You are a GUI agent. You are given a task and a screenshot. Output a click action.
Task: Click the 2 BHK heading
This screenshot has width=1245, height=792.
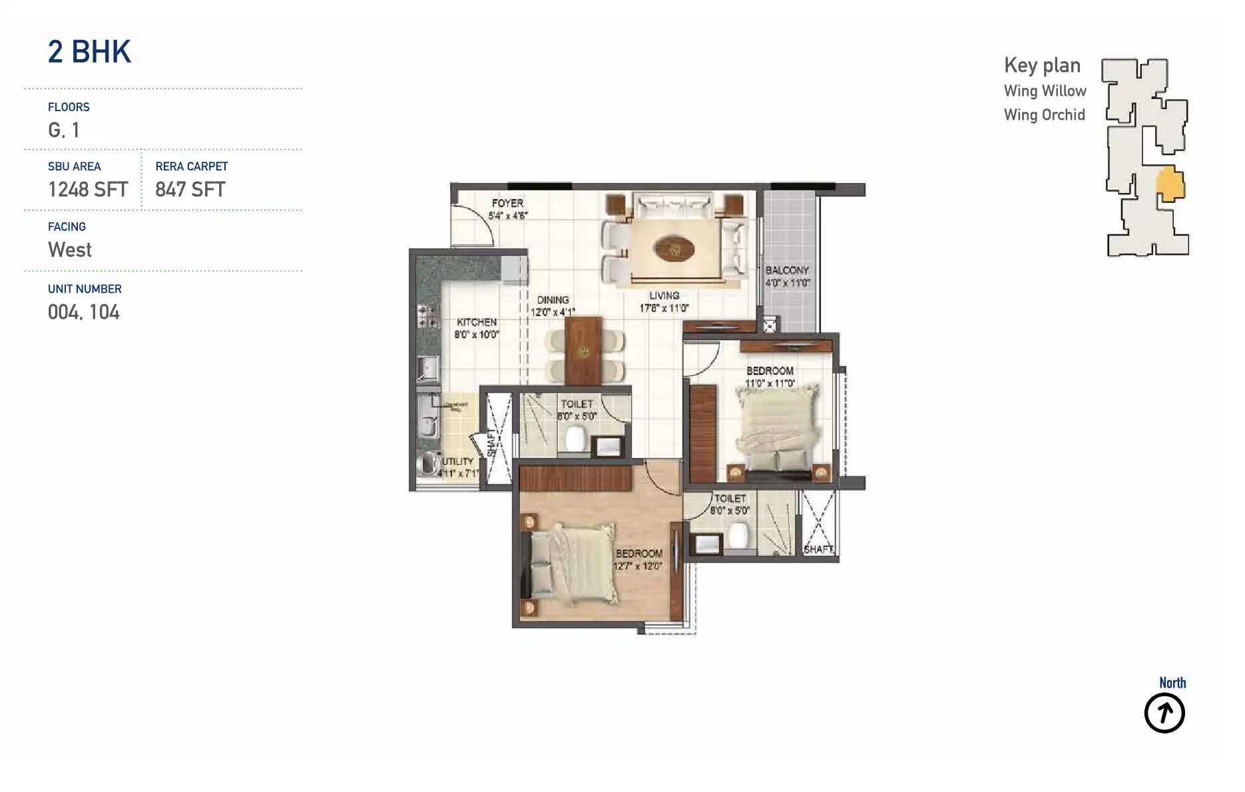[89, 52]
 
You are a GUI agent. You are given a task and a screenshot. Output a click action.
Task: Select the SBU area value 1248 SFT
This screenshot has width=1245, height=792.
[88, 190]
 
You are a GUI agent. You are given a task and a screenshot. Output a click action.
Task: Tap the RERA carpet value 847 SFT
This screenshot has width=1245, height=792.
[190, 190]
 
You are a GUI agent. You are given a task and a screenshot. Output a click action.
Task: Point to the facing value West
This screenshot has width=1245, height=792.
[70, 250]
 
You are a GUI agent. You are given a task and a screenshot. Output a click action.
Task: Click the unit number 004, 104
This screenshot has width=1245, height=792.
[84, 312]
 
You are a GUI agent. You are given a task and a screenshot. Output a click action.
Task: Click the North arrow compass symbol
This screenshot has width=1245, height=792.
[1164, 713]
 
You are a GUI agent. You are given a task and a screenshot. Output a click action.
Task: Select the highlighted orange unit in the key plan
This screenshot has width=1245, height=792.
[1170, 184]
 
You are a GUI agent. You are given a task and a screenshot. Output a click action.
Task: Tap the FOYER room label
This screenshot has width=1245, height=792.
[507, 203]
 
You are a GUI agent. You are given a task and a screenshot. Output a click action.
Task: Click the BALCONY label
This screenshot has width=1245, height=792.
[787, 270]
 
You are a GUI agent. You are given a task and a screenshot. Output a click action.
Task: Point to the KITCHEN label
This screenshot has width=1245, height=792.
[477, 322]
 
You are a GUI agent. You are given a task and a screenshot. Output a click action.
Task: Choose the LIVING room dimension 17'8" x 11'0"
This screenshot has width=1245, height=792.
[664, 308]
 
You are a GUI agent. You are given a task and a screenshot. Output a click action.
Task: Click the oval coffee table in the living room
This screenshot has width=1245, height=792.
[674, 250]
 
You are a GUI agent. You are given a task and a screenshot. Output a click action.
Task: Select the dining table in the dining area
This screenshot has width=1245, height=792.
[583, 351]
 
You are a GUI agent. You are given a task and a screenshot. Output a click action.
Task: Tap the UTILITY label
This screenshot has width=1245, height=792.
[458, 461]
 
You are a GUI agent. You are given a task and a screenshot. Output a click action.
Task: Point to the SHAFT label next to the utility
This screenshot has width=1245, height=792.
[492, 443]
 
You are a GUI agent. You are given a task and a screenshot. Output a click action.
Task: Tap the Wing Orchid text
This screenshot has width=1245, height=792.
[1044, 115]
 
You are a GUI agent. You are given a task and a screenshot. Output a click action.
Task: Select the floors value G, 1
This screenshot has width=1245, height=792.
[64, 130]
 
